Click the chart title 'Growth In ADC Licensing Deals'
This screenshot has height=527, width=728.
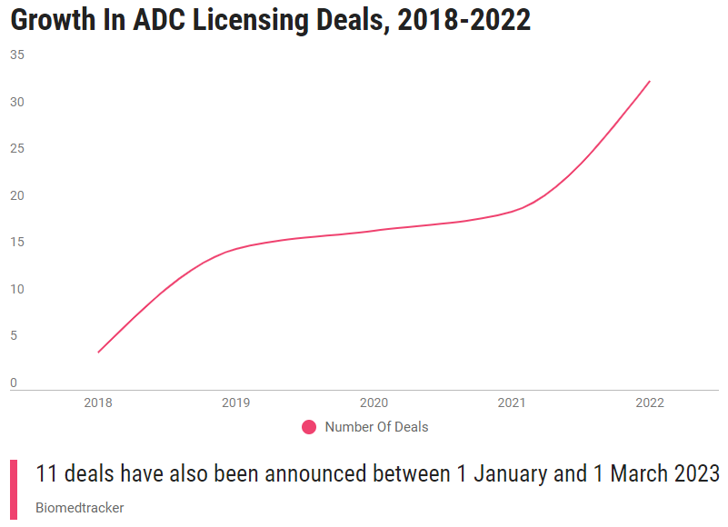[x=271, y=21]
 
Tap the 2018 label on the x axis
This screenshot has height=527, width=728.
[x=98, y=403]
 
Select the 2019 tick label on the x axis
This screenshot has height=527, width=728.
[x=236, y=403]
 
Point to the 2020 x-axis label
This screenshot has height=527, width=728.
[x=374, y=403]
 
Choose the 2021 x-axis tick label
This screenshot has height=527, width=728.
[x=512, y=403]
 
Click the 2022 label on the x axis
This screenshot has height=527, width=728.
[x=650, y=403]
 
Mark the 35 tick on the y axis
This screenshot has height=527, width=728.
[x=17, y=55]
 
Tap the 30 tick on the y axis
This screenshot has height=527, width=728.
[x=17, y=102]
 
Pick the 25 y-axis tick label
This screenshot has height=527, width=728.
[x=17, y=148]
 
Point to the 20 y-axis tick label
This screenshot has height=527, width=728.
[x=17, y=195]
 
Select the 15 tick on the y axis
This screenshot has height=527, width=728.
[x=17, y=242]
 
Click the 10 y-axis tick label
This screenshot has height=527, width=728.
[x=17, y=289]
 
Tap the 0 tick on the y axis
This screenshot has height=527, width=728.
[x=14, y=383]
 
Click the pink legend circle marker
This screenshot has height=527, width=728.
[x=309, y=427]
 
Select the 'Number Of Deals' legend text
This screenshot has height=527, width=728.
[x=376, y=427]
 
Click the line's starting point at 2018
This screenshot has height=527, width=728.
[x=98, y=352]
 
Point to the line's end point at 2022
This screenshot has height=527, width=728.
[x=650, y=81]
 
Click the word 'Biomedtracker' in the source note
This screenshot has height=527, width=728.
[x=80, y=508]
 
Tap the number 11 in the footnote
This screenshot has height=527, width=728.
[x=47, y=473]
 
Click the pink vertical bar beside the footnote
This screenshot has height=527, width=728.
[x=14, y=490]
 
